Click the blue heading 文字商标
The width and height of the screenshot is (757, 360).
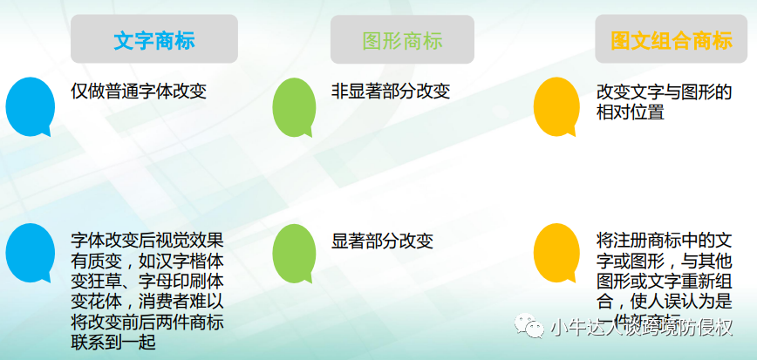point(153,40)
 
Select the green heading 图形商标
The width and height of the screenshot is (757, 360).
point(402,40)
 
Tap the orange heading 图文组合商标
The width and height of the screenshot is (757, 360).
point(671,40)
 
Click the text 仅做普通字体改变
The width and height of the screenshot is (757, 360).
point(139,91)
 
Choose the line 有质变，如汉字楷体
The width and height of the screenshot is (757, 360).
point(147,261)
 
